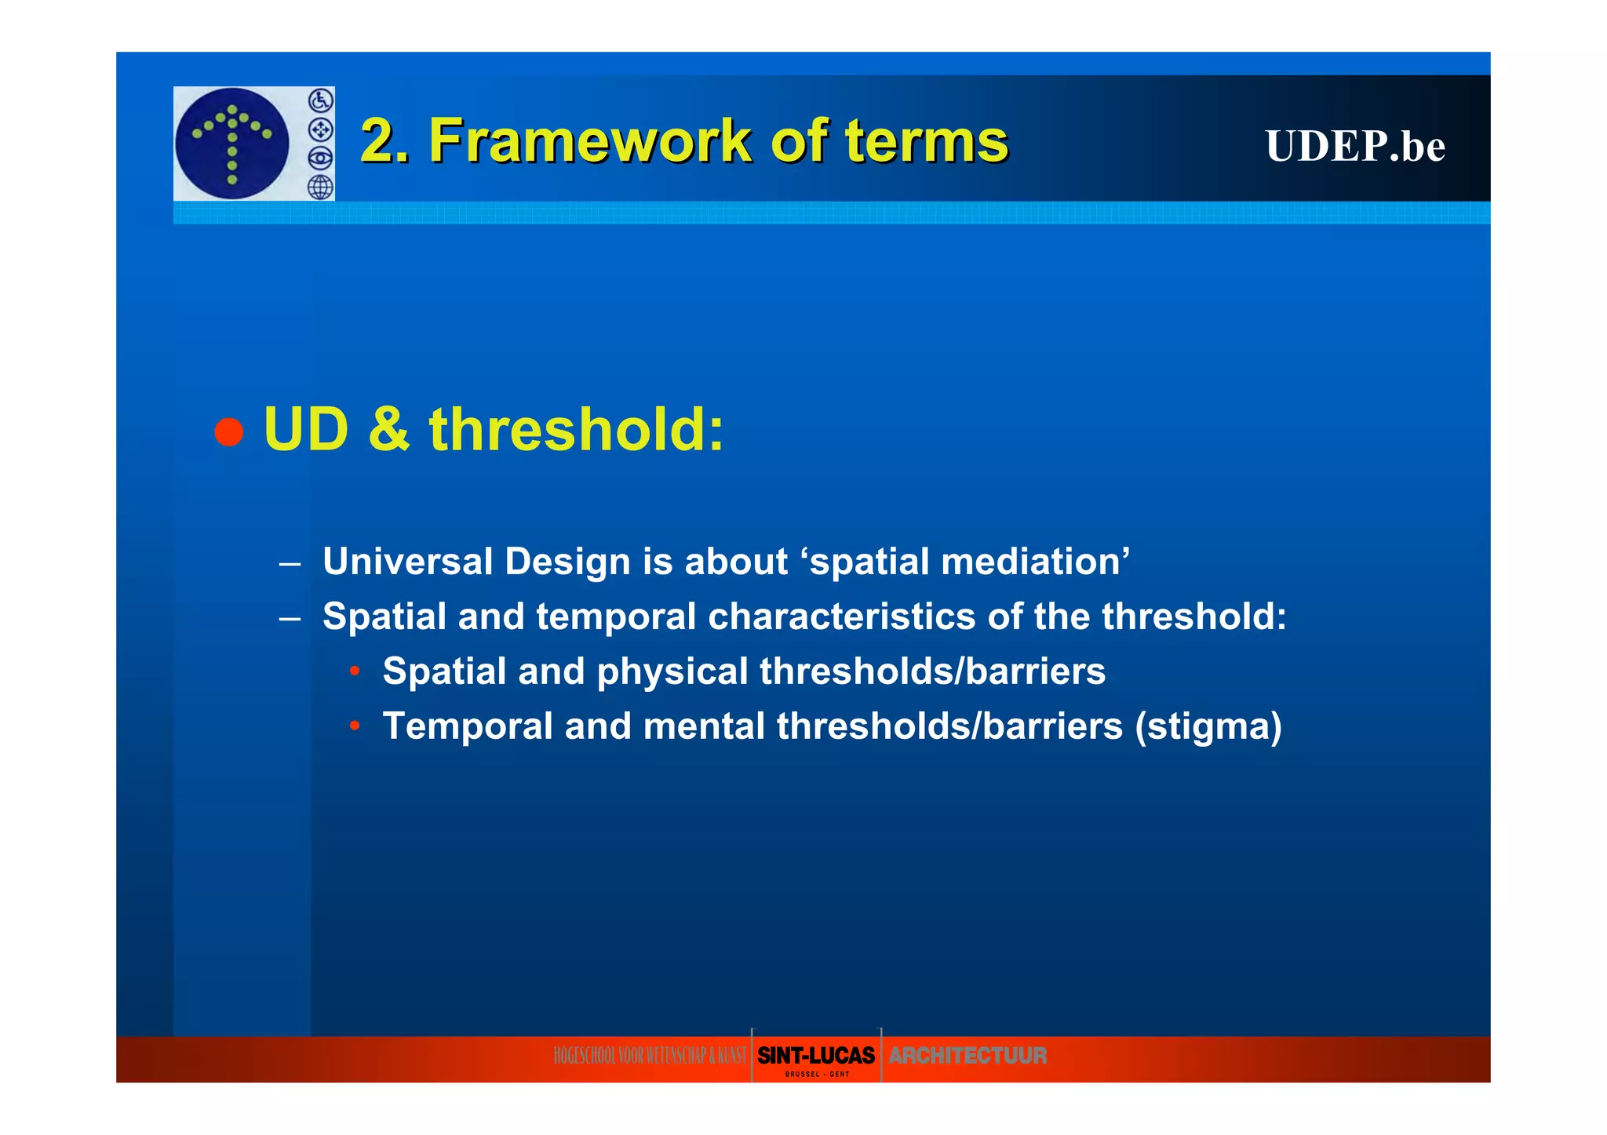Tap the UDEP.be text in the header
[1354, 146]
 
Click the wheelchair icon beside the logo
[320, 100]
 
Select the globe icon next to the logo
[320, 187]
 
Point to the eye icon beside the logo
[320, 158]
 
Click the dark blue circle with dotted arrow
[231, 144]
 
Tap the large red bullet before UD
[228, 431]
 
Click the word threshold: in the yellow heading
[576, 430]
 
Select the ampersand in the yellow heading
[388, 430]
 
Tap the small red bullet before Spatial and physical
[355, 671]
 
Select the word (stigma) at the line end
[1208, 727]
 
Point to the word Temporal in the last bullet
[468, 726]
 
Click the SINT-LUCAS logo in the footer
[815, 1057]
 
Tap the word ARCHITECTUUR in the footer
[967, 1056]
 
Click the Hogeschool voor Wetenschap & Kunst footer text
[650, 1057]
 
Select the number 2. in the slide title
[384, 141]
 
